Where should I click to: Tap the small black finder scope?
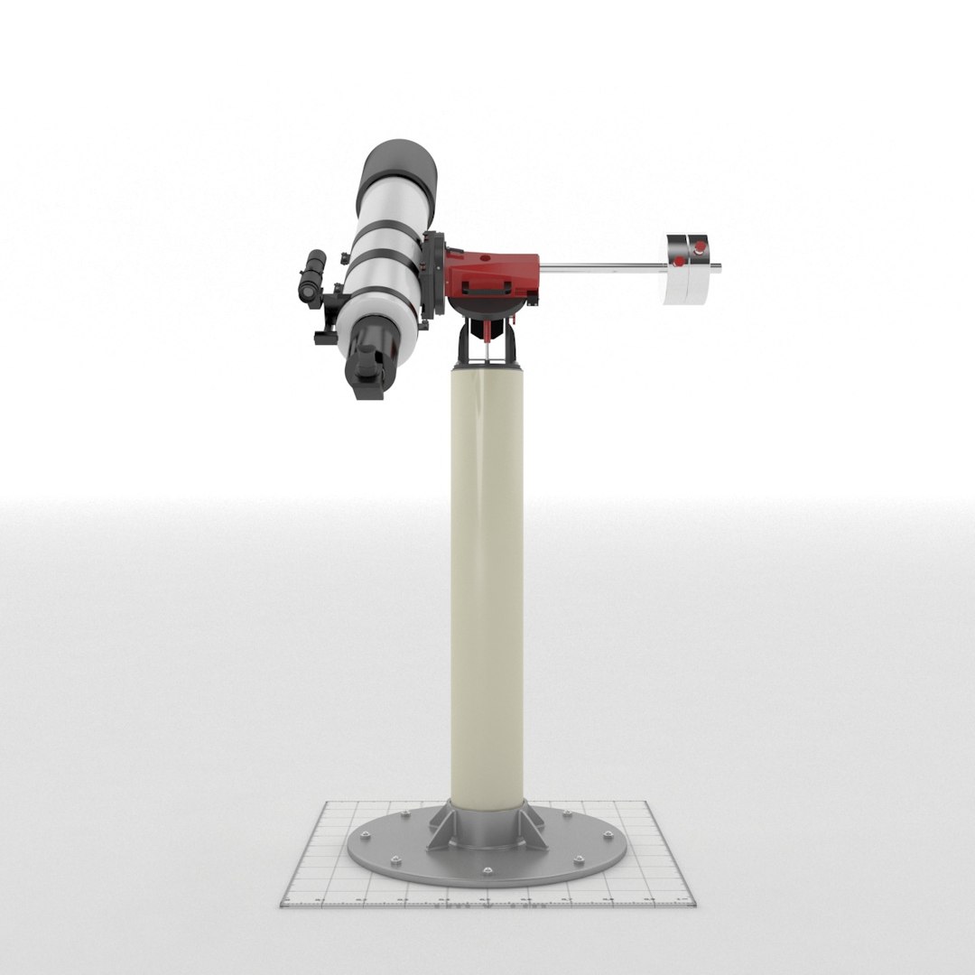(x=313, y=278)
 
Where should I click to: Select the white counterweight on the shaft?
(x=688, y=268)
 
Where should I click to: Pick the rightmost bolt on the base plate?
(x=608, y=835)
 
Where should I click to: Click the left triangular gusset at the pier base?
(x=440, y=826)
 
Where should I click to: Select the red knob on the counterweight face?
(x=678, y=262)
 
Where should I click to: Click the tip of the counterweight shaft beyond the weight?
(x=716, y=266)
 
